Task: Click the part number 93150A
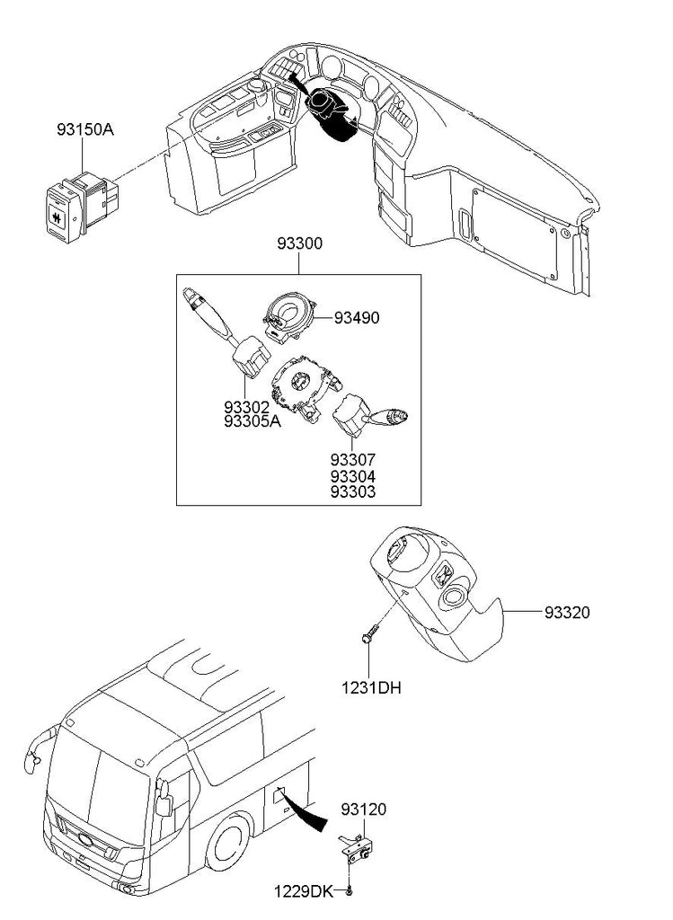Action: pyautogui.click(x=85, y=129)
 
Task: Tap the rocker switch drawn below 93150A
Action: pyautogui.click(x=82, y=206)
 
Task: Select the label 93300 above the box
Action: pyautogui.click(x=300, y=243)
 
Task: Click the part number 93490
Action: pyautogui.click(x=357, y=318)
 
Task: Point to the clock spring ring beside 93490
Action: pyautogui.click(x=288, y=317)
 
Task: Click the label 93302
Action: pyautogui.click(x=246, y=407)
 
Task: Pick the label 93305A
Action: pyautogui.click(x=252, y=421)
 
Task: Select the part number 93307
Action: pyautogui.click(x=352, y=459)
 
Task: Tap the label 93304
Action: pyautogui.click(x=352, y=476)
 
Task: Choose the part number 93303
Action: pyautogui.click(x=352, y=491)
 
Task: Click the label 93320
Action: pyautogui.click(x=567, y=613)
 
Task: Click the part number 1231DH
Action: pyautogui.click(x=372, y=687)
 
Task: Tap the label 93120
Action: pyautogui.click(x=364, y=809)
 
